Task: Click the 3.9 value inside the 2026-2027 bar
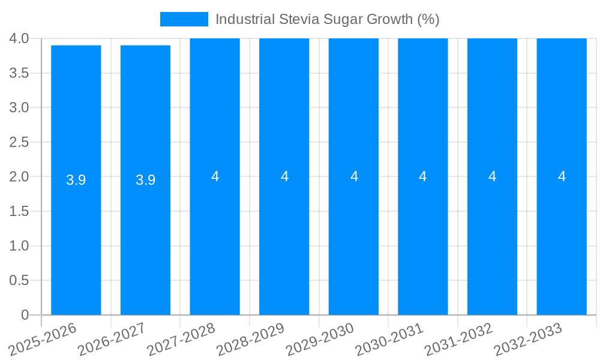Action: [x=145, y=180]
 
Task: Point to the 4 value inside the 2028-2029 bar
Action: [x=284, y=176]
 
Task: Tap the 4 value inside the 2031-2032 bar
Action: [x=492, y=176]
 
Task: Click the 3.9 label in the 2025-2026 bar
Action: [x=76, y=180]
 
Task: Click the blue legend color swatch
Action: [x=184, y=19]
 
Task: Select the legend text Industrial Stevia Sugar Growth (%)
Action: [x=327, y=19]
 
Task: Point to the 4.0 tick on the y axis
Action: [x=19, y=38]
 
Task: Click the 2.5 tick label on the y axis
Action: [x=19, y=142]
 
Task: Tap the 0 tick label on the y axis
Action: [x=25, y=315]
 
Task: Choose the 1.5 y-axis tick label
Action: [x=19, y=211]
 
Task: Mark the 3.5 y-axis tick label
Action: [x=19, y=73]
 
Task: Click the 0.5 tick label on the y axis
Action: [x=19, y=280]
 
